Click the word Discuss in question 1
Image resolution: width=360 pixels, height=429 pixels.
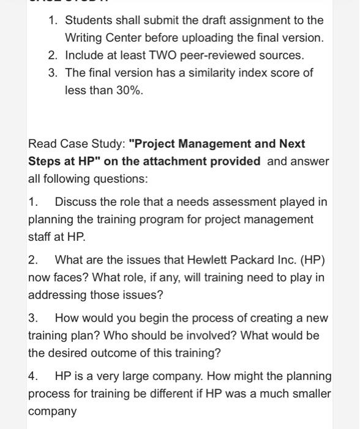click(74, 202)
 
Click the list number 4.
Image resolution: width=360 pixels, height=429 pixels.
click(32, 376)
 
